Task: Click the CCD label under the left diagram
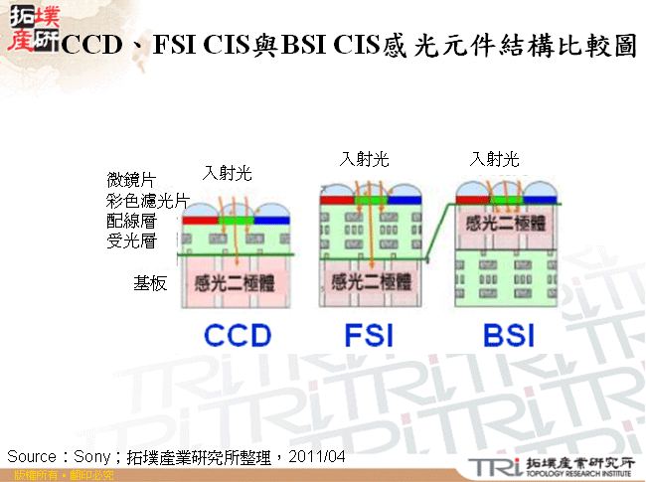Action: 238,335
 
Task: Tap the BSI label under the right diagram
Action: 508,335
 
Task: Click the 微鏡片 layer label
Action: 131,180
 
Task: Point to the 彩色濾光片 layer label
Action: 147,201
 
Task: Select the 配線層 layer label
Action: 131,221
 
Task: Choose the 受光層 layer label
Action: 131,241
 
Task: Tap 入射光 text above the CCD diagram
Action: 228,173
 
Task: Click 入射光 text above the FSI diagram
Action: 364,158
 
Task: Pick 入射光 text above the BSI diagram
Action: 495,158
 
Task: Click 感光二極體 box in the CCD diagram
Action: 237,281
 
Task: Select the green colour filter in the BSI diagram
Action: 504,200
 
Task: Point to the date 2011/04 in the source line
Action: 317,455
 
